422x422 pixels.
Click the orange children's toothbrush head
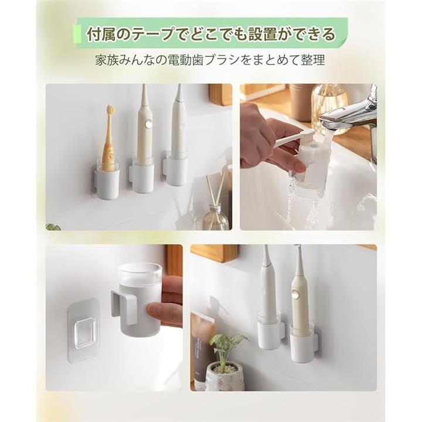[110, 110]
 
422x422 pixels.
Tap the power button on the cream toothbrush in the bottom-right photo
[297, 295]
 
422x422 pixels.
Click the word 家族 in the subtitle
[103, 60]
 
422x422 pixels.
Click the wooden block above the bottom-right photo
[215, 253]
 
